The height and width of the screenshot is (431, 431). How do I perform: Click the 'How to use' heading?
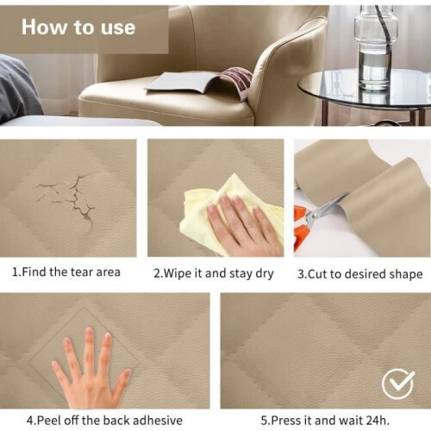(78, 28)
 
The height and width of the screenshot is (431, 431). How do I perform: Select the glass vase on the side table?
(375, 46)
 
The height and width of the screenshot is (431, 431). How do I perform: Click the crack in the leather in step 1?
(70, 196)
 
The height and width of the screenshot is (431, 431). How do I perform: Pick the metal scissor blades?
(325, 209)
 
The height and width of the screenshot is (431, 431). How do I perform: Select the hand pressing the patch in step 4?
(91, 371)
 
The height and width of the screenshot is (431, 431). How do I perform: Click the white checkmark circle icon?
(398, 384)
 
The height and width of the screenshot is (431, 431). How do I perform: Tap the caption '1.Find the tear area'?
(66, 272)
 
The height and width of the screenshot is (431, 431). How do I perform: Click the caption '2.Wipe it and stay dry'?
(213, 273)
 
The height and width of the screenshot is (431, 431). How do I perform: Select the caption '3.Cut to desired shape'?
(360, 274)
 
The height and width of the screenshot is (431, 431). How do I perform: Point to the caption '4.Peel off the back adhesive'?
(104, 421)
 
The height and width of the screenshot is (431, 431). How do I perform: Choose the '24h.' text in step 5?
(378, 421)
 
